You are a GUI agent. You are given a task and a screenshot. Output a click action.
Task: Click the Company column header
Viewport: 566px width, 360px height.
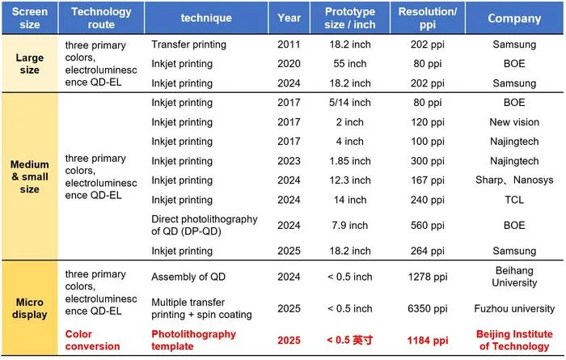click(514, 19)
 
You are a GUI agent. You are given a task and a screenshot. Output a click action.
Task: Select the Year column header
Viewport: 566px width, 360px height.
click(289, 18)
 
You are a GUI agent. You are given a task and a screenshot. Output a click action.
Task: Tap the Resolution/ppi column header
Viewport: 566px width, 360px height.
click(428, 18)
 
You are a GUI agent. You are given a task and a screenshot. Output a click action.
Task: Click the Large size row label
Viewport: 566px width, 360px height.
click(30, 64)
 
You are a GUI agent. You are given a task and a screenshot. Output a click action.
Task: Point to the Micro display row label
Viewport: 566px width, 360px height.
click(30, 308)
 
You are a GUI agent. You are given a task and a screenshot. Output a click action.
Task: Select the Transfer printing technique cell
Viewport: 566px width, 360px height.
click(188, 44)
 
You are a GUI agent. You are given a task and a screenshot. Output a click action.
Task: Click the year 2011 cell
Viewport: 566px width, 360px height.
click(289, 44)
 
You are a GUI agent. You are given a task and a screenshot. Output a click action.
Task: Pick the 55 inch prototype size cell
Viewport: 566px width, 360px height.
click(350, 64)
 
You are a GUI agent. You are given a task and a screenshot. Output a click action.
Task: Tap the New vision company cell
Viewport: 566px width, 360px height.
click(514, 122)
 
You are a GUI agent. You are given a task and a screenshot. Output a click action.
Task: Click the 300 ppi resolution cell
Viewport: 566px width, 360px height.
click(428, 161)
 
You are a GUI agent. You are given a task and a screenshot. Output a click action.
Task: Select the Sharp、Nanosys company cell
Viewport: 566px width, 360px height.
click(514, 180)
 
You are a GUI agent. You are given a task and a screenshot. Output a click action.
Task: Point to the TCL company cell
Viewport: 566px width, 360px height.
click(514, 200)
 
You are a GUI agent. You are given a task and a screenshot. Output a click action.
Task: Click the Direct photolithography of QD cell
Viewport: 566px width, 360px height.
click(205, 225)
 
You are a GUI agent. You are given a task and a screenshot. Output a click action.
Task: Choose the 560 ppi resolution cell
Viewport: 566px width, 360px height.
click(428, 226)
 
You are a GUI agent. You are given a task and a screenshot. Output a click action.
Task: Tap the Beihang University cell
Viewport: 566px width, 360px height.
click(514, 277)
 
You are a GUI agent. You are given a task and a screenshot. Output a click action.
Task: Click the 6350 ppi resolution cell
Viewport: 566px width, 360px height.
click(428, 308)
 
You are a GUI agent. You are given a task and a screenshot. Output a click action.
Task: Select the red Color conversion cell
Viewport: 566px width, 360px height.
click(92, 340)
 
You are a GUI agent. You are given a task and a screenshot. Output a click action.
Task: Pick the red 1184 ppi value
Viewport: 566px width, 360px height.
click(428, 340)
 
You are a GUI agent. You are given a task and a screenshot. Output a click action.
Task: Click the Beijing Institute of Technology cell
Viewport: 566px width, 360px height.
click(514, 340)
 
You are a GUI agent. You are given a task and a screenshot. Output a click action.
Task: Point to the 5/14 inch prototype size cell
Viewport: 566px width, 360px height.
click(350, 103)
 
